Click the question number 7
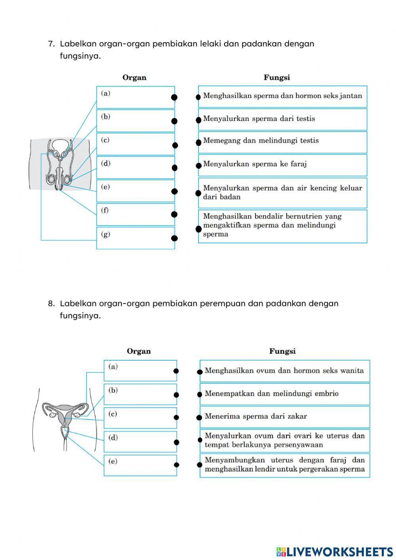point(51,44)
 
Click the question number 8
point(51,304)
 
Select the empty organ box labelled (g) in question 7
point(135,238)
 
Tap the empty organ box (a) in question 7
point(135,97)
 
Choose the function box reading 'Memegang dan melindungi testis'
point(282,142)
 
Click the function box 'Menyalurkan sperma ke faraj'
point(282,165)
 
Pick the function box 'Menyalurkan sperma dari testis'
point(282,119)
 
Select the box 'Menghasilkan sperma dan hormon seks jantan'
point(282,96)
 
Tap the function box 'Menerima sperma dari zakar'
point(284,417)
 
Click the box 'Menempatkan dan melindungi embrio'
point(284,394)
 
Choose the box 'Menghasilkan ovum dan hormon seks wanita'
point(284,371)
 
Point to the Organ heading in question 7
point(134,78)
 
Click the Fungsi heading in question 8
point(282,351)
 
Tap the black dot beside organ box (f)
point(174,214)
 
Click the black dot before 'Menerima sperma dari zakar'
point(200,417)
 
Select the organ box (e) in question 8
point(140,465)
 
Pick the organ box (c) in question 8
point(140,418)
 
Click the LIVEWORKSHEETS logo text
point(335,551)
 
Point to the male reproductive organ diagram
point(59,165)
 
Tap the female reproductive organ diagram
point(65,420)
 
